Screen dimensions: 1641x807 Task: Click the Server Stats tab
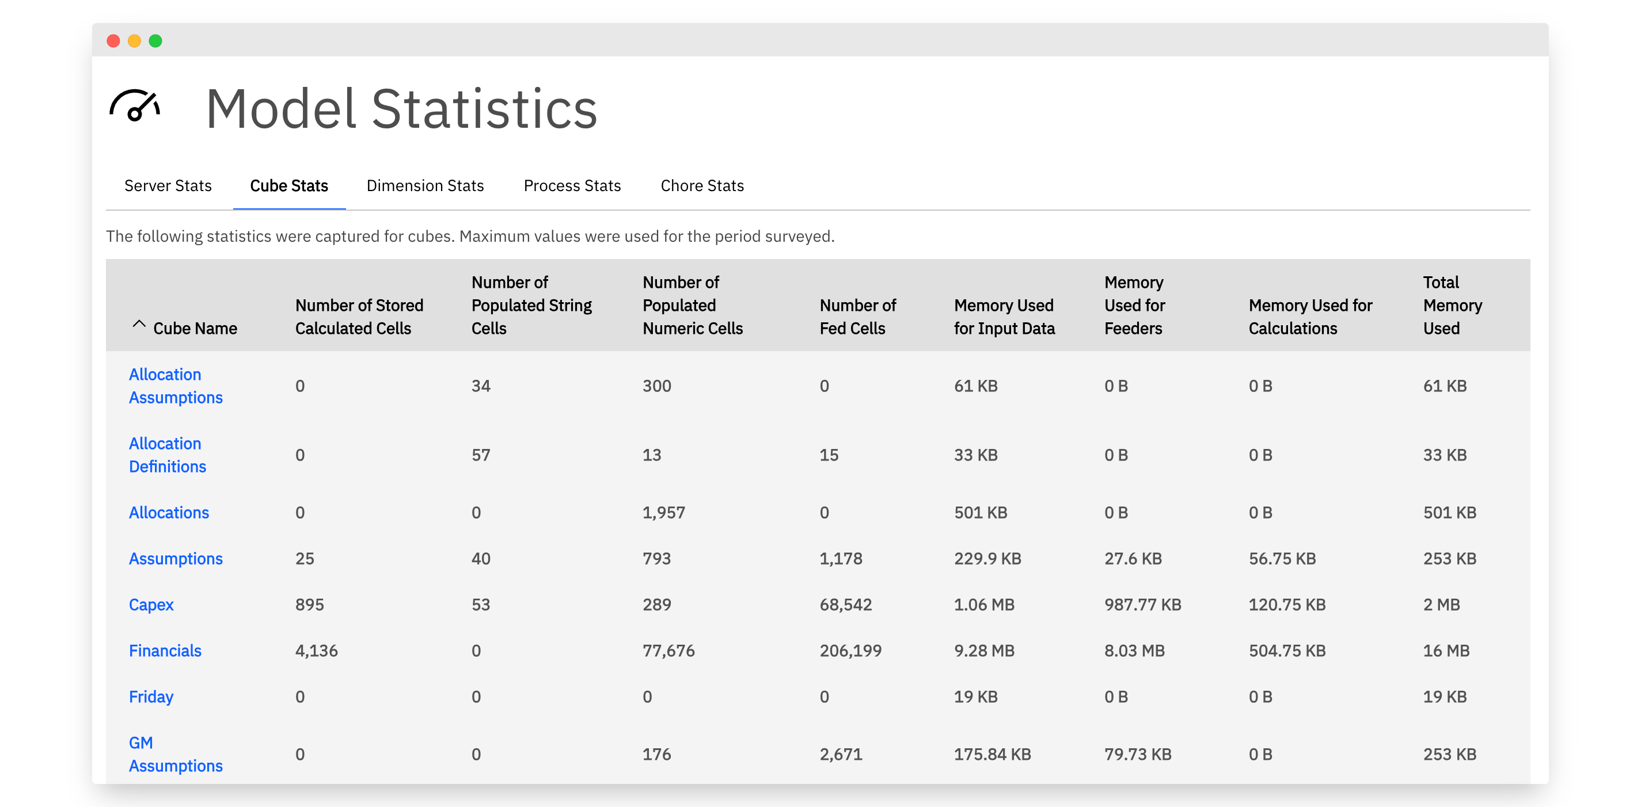click(x=168, y=185)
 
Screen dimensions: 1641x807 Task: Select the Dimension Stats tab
click(x=425, y=185)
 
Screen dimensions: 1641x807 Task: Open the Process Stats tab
click(x=572, y=185)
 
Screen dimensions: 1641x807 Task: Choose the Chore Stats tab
click(x=702, y=185)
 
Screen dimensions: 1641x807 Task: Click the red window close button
click(x=113, y=41)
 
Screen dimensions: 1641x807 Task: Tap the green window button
click(x=155, y=41)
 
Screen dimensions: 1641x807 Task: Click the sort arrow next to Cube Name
click(x=139, y=323)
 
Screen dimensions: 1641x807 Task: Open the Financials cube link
click(x=165, y=650)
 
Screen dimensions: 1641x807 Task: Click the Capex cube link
click(x=151, y=604)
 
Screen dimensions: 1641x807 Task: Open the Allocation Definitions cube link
click(x=168, y=455)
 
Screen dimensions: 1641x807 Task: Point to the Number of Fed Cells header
click(x=857, y=317)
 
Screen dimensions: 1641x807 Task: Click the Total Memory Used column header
click(x=1453, y=305)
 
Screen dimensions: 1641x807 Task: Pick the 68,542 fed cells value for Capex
click(x=845, y=604)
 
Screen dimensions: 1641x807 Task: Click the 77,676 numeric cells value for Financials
click(x=668, y=650)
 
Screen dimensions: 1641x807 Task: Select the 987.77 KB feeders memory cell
click(x=1142, y=604)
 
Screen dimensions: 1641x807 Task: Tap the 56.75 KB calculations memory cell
click(x=1282, y=558)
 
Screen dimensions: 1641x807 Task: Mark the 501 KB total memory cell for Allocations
click(x=1449, y=513)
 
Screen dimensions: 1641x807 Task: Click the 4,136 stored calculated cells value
click(x=316, y=650)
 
